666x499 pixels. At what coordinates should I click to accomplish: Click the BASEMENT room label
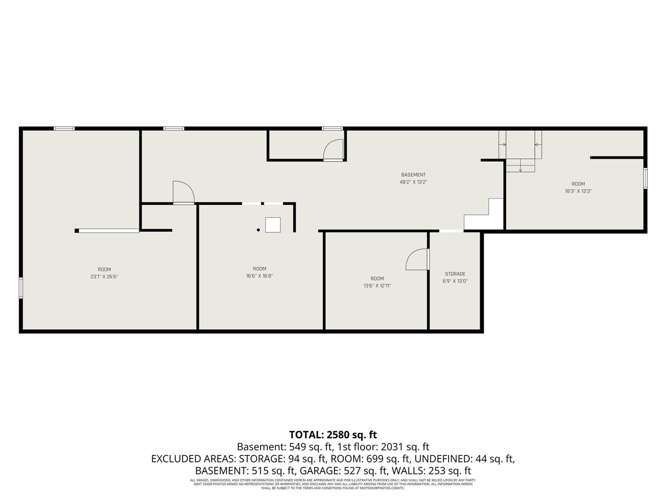[x=413, y=175]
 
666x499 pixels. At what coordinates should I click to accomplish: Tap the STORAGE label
[x=455, y=274]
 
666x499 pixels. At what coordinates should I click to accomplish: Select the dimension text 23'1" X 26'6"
[x=105, y=277]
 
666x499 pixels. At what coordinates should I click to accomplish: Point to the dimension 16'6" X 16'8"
[x=260, y=276]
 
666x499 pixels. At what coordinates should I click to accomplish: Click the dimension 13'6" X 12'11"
[x=377, y=285]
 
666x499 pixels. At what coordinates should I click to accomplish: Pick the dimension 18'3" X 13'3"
[x=578, y=191]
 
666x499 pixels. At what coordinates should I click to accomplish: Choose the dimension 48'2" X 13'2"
[x=413, y=182]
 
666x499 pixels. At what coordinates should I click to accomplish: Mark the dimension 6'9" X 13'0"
[x=455, y=281]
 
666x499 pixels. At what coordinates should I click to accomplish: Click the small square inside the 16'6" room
[x=273, y=225]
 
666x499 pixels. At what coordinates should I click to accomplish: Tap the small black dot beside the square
[x=258, y=229]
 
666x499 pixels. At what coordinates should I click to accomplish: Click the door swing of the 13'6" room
[x=417, y=259]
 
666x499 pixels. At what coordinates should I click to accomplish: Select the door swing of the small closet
[x=333, y=150]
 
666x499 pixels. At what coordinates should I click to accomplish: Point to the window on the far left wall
[x=21, y=288]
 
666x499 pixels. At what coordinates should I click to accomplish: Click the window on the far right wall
[x=645, y=178]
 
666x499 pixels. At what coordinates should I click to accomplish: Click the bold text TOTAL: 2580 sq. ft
[x=333, y=435]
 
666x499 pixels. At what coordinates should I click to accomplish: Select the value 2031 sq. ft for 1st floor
[x=405, y=447]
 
